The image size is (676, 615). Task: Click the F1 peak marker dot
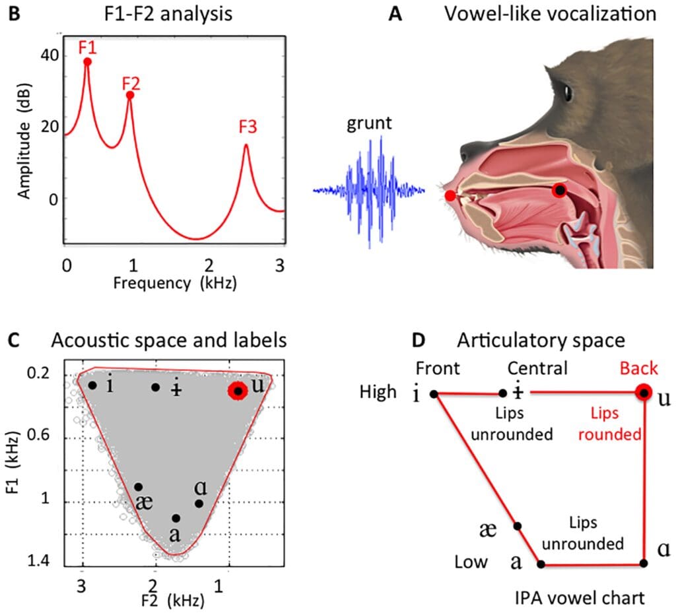coord(87,61)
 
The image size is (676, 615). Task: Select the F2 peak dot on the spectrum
coord(130,95)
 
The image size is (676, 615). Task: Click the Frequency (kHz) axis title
coord(174,283)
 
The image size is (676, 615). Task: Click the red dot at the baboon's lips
coord(450,195)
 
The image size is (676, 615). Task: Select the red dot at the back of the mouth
coord(560,190)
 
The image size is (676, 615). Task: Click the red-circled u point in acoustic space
coord(238,391)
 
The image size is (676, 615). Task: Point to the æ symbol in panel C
coord(143,503)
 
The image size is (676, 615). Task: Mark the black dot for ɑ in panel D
coord(644,564)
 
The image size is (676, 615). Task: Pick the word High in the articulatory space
coord(378,392)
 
